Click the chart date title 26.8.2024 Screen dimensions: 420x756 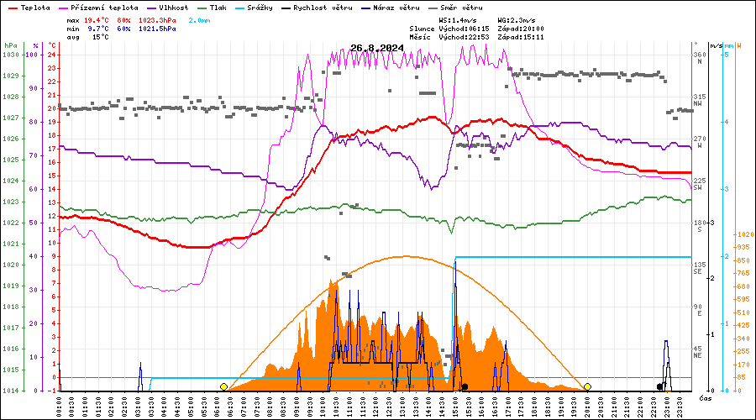377,48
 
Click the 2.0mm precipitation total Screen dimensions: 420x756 199,19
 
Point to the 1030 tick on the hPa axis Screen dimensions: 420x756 10,55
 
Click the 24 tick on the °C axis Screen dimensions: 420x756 52,55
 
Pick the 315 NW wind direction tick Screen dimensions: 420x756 698,101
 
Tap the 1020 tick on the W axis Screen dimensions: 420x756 744,235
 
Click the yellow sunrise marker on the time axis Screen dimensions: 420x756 223,386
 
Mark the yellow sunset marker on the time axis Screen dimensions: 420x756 587,386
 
